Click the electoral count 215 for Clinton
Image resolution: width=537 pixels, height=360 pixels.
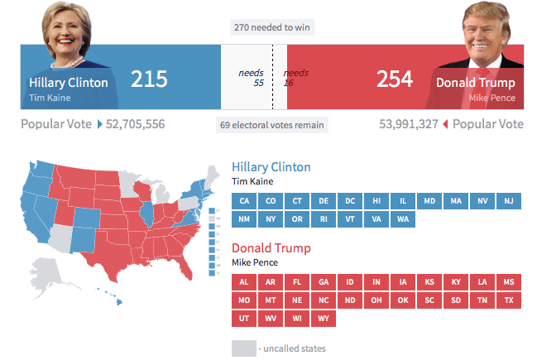pyautogui.click(x=149, y=79)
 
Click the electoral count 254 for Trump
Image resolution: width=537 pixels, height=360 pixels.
pyautogui.click(x=395, y=79)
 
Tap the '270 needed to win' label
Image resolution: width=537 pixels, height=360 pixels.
pyautogui.click(x=272, y=27)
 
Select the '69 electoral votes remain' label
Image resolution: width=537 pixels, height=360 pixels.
pyautogui.click(x=272, y=125)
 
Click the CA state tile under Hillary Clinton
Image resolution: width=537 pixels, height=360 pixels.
pyautogui.click(x=244, y=201)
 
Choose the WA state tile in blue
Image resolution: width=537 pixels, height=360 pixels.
pyautogui.click(x=403, y=219)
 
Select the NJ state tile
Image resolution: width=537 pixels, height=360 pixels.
pyautogui.click(x=509, y=201)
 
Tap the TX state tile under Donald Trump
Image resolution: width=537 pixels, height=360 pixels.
pyautogui.click(x=509, y=300)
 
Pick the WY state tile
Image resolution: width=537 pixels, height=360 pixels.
pyautogui.click(x=324, y=318)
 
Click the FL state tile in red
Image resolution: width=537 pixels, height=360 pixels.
pyautogui.click(x=297, y=281)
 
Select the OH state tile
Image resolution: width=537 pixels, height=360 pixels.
pyautogui.click(x=376, y=300)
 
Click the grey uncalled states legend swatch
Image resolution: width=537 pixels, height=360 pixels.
pyautogui.click(x=243, y=348)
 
